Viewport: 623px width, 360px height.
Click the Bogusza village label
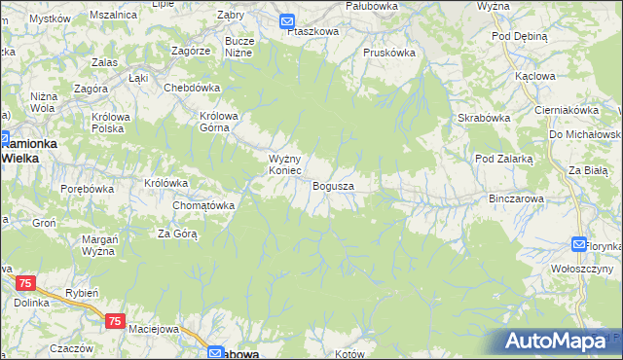point(333,185)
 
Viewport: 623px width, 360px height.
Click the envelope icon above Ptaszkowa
point(287,19)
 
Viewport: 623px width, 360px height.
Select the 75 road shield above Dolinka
point(26,282)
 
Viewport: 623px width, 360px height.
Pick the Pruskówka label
point(388,53)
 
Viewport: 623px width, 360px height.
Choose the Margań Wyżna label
point(99,244)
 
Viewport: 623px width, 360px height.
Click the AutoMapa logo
point(561,341)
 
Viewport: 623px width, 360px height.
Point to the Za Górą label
point(178,234)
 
